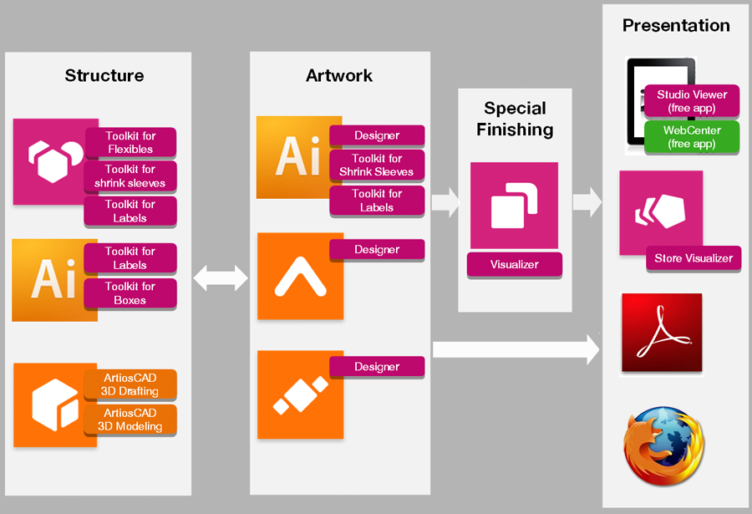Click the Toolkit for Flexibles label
(130, 142)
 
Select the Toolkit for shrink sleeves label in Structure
(130, 176)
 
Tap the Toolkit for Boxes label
(130, 293)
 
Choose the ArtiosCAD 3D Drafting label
(130, 384)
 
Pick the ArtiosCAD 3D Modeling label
(130, 420)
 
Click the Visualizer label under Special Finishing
(514, 265)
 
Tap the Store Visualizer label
(693, 258)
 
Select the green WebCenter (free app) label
(692, 137)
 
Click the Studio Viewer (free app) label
(692, 101)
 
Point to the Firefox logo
(663, 445)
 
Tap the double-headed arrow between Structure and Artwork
(221, 278)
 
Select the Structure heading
(104, 76)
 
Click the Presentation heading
(676, 26)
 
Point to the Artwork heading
(339, 76)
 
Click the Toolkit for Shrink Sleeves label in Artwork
(377, 165)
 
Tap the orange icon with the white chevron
(300, 276)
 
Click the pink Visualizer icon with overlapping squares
(514, 206)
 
